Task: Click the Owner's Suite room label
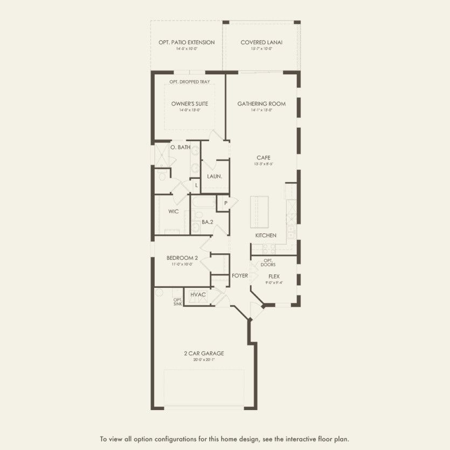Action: tap(190, 103)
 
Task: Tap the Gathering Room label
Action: tap(261, 103)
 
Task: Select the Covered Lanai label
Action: tap(261, 42)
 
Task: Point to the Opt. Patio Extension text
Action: tap(186, 42)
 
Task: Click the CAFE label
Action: tap(263, 157)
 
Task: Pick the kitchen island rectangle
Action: tap(259, 212)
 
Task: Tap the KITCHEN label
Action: tap(266, 236)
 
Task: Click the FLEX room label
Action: tap(274, 276)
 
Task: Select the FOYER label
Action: tap(240, 275)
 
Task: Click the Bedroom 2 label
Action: tap(182, 258)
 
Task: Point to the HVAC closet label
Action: tap(198, 294)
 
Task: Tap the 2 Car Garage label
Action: tap(204, 354)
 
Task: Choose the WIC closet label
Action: tap(173, 211)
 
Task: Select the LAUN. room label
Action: tap(214, 176)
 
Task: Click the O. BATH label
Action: tap(180, 147)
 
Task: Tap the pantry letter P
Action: tap(225, 203)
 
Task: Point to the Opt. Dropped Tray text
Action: tap(190, 82)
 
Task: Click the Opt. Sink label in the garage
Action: tap(177, 302)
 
